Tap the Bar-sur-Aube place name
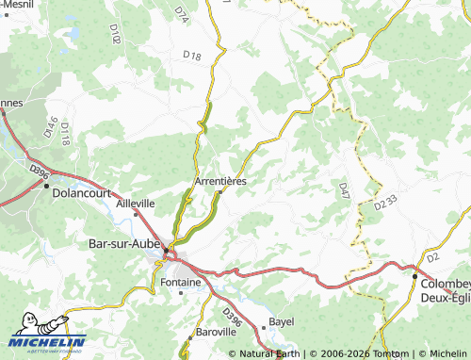point(123,243)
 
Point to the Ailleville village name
point(135,203)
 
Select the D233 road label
point(384,203)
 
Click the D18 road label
point(191,57)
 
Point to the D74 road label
point(181,12)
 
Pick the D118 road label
point(65,134)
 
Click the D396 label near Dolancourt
point(39,172)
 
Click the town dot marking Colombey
point(414,275)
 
